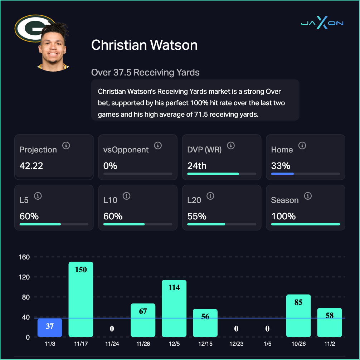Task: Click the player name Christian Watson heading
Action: click(144, 45)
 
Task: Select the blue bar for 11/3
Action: click(50, 327)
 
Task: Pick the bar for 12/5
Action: click(174, 308)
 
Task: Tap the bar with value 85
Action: click(298, 316)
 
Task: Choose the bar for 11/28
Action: click(143, 320)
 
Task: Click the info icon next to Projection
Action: click(66, 146)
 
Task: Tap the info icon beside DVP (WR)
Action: click(231, 146)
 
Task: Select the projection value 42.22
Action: click(31, 166)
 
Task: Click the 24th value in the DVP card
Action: click(197, 166)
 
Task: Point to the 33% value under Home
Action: click(281, 166)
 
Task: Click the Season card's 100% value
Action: click(283, 216)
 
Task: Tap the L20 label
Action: click(194, 200)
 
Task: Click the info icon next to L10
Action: click(126, 196)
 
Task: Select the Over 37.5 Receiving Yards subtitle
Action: click(145, 73)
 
